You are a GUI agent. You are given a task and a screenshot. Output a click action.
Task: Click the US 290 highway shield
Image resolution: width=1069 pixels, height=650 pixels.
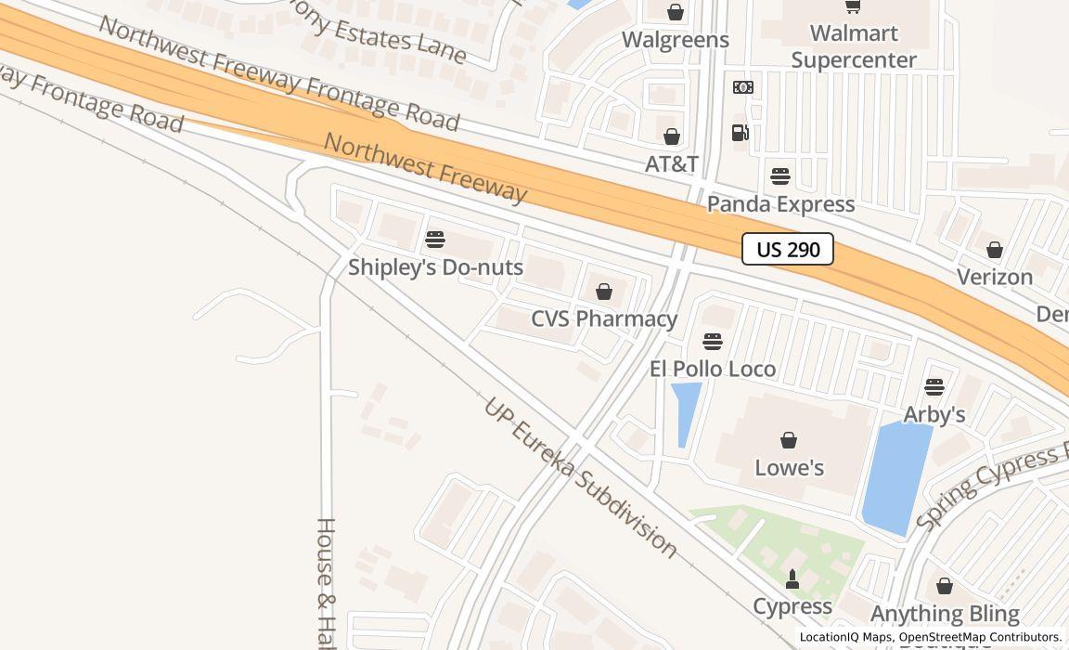pyautogui.click(x=788, y=249)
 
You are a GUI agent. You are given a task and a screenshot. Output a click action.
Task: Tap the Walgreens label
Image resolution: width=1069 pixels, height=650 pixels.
pyautogui.click(x=675, y=40)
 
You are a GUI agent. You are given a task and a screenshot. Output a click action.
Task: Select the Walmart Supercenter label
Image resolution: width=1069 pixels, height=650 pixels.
pyautogui.click(x=854, y=46)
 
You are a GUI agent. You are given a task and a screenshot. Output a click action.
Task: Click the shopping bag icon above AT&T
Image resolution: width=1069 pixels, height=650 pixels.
pyautogui.click(x=672, y=136)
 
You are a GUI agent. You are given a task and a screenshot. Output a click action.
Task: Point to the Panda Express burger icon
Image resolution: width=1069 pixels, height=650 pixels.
pyautogui.click(x=780, y=176)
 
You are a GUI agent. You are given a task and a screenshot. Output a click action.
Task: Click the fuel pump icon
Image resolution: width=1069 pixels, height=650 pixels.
pyautogui.click(x=740, y=133)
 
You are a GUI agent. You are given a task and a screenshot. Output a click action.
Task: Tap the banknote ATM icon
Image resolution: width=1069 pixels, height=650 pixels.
pyautogui.click(x=742, y=87)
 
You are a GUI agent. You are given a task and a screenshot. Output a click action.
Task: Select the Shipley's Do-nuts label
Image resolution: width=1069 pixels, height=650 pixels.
pyautogui.click(x=435, y=267)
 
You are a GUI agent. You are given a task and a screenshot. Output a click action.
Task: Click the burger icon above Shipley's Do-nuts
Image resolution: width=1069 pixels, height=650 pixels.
pyautogui.click(x=434, y=240)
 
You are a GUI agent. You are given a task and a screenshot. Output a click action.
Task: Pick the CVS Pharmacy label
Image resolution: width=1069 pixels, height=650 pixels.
pyautogui.click(x=604, y=318)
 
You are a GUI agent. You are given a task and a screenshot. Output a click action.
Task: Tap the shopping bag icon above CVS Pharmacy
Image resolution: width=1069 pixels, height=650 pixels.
pyautogui.click(x=604, y=292)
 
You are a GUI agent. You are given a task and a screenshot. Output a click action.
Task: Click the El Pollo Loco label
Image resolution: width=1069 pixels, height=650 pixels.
pyautogui.click(x=713, y=369)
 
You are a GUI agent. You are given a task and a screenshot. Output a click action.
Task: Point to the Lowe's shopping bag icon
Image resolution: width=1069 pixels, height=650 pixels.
pyautogui.click(x=789, y=440)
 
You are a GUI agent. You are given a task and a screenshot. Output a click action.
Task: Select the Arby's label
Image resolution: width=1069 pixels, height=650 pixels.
pyautogui.click(x=934, y=414)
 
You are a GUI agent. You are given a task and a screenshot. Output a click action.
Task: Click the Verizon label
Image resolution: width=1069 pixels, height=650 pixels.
pyautogui.click(x=995, y=277)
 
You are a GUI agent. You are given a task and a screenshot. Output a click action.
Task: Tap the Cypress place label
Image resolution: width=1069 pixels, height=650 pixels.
pyautogui.click(x=792, y=606)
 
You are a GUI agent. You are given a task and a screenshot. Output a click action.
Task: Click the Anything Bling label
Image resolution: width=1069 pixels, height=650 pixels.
pyautogui.click(x=945, y=614)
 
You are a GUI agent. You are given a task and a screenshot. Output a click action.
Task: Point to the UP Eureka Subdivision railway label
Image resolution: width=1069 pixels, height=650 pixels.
pyautogui.click(x=581, y=478)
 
